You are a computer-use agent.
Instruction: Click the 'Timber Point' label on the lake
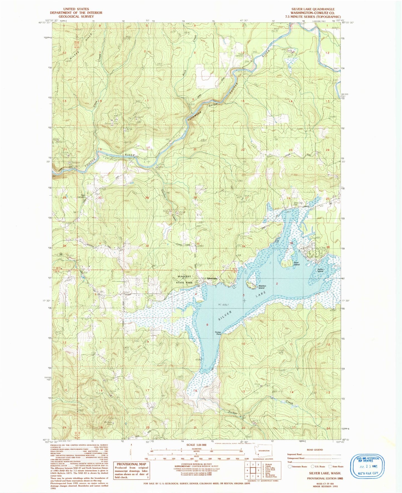point(218,333)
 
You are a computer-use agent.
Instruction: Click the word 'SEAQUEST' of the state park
point(184,276)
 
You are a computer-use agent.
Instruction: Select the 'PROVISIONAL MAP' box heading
point(131,464)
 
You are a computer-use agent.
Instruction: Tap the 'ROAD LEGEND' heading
point(315,450)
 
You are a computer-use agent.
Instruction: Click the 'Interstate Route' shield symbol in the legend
point(290,467)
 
